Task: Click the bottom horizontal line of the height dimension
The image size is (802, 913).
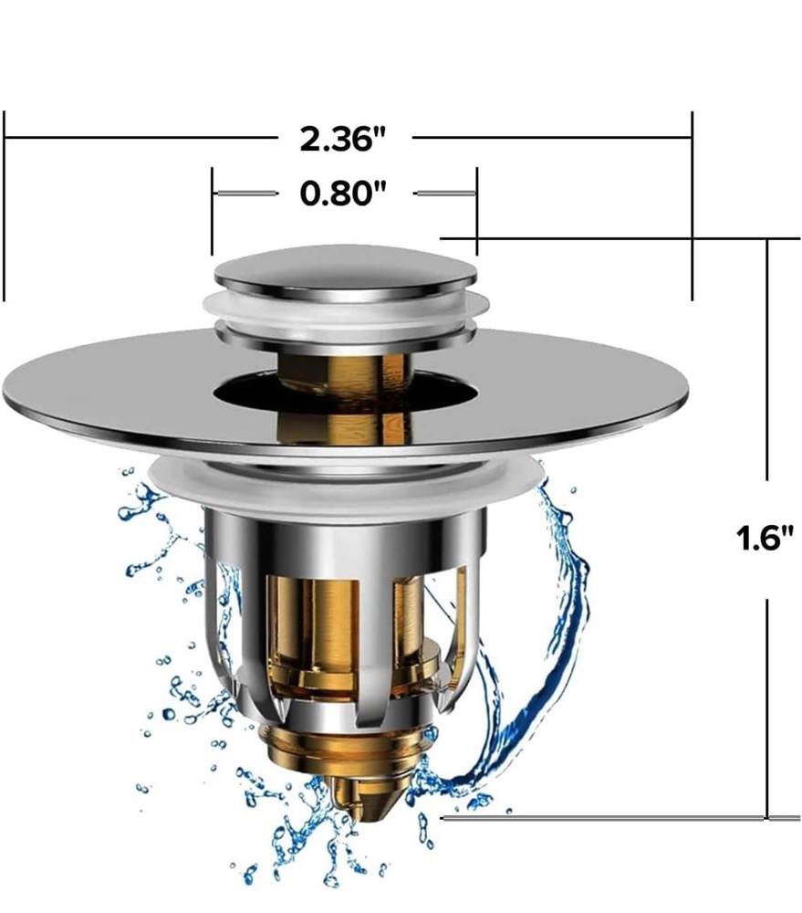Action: [x=602, y=817]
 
